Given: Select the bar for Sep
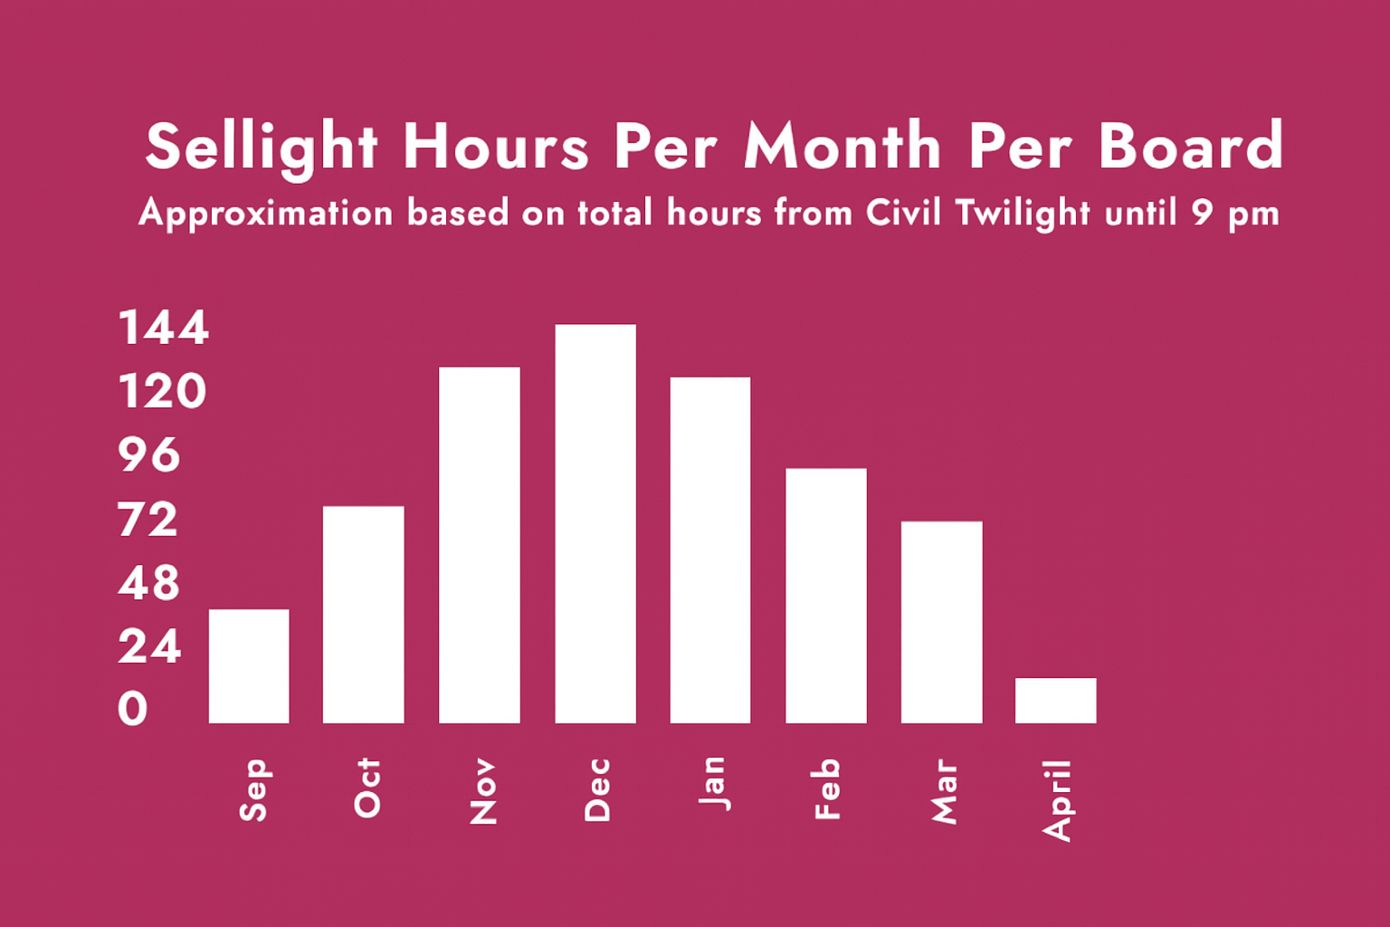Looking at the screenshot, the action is point(249,666).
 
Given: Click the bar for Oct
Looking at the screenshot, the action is point(364,615).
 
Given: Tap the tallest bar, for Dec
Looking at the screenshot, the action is point(595,523).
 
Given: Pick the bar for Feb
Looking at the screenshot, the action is point(826,596).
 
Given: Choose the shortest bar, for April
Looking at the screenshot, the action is point(1055,701).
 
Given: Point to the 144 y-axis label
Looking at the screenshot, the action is point(163,327).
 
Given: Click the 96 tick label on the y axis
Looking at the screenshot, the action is point(149,455).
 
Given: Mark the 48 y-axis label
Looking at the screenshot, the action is point(149,583).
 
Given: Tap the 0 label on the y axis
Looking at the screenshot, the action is point(133,709).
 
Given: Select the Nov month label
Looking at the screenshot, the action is point(483,791).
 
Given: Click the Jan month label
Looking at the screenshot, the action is point(715,784).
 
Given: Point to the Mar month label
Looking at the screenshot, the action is point(945,791).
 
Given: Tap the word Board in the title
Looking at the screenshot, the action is point(1191,145).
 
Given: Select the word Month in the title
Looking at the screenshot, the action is point(843,145).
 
